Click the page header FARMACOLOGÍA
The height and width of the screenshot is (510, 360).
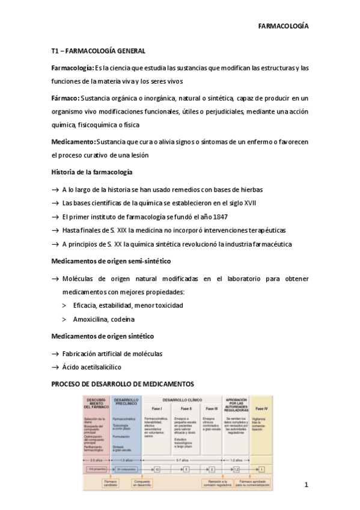[283, 27]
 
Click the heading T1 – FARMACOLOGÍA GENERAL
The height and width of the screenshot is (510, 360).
[98, 52]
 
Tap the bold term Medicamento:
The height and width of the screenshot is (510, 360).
[73, 141]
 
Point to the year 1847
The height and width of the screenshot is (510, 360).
[218, 217]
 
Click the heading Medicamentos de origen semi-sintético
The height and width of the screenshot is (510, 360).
[111, 262]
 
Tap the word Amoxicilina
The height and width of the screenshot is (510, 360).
[91, 319]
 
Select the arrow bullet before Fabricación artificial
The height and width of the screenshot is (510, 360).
[55, 353]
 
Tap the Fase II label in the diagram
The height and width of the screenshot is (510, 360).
[186, 409]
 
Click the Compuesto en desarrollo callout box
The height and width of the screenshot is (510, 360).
[142, 483]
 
